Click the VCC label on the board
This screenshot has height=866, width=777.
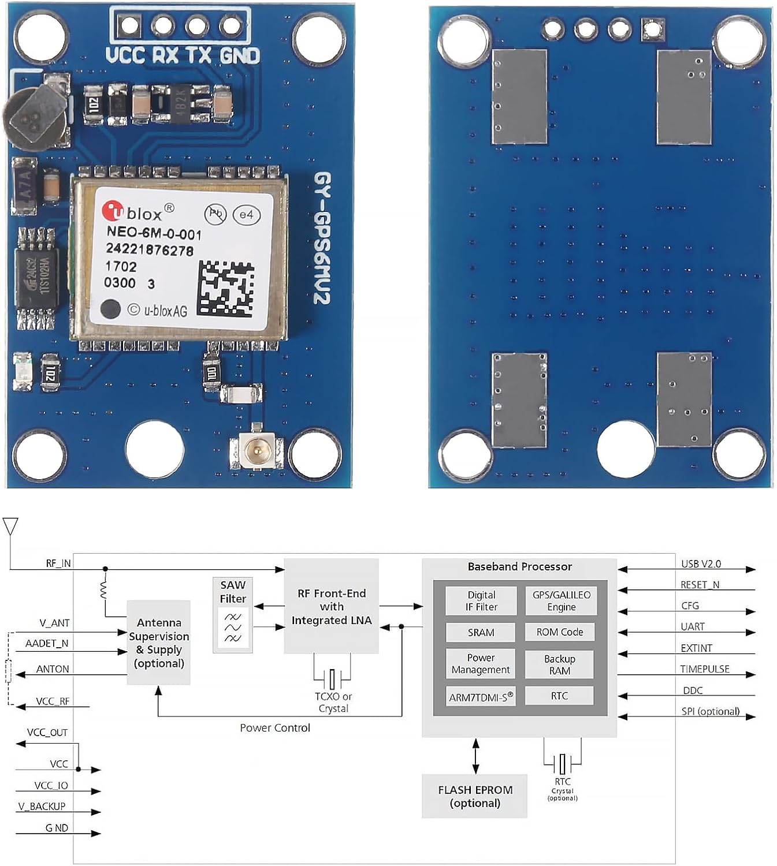click(x=125, y=55)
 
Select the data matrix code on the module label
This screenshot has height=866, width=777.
click(x=226, y=289)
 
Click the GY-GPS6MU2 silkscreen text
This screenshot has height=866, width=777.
click(x=322, y=238)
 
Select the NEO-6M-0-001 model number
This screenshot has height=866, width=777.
click(x=154, y=233)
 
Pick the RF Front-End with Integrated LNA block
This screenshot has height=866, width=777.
click(x=332, y=606)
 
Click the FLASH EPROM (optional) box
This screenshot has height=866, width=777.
click(x=475, y=796)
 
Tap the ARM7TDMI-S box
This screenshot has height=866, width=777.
click(x=481, y=697)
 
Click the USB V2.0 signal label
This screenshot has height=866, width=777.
click(x=701, y=563)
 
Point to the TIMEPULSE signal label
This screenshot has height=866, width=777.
click(x=704, y=669)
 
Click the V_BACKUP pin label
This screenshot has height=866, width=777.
click(x=42, y=806)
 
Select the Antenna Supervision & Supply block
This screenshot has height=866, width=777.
click(x=159, y=643)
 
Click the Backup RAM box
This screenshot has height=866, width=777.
click(x=559, y=665)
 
